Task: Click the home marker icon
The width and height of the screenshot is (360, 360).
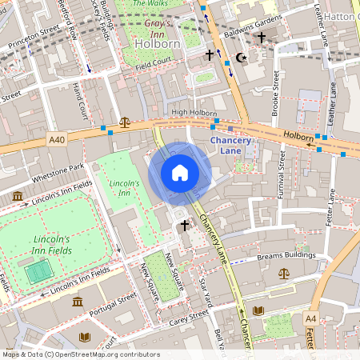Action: tap(180, 172)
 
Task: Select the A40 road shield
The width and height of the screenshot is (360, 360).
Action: tap(56, 139)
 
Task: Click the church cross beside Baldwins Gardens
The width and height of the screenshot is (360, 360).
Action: tap(261, 38)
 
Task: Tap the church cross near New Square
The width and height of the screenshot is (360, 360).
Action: tap(183, 226)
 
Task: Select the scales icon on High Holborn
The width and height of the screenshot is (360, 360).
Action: tap(124, 123)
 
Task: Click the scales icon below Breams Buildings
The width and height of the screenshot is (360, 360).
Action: tap(284, 274)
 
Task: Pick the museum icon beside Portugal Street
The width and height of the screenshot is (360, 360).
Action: tap(78, 302)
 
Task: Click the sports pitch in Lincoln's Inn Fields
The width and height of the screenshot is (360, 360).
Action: tap(37, 274)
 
